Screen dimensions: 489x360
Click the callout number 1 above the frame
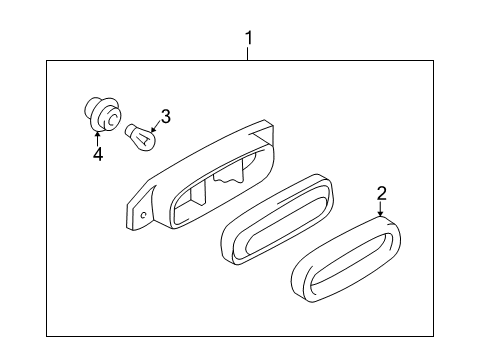249,39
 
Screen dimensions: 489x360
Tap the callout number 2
381,194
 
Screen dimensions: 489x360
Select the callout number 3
166,117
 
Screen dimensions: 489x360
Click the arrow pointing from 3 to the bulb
155,124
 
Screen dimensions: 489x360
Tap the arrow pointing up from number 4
97,138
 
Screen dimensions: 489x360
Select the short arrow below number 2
381,208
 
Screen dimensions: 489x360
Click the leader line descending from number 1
249,54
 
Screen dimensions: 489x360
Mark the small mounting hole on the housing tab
145,213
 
